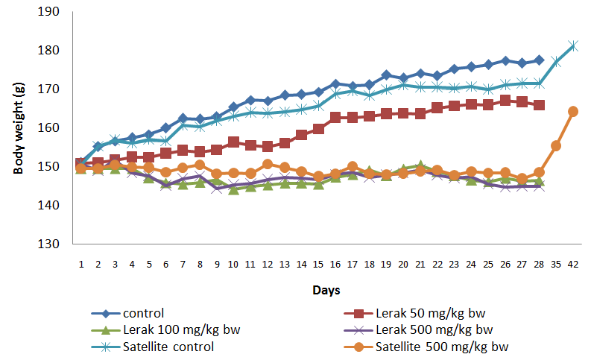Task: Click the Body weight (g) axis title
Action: pos(20,127)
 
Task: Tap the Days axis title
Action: pos(326,287)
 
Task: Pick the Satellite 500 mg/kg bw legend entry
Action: pos(441,346)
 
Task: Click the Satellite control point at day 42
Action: pos(573,46)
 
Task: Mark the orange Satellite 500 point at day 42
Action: pos(573,111)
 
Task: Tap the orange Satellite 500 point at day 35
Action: pos(556,145)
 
